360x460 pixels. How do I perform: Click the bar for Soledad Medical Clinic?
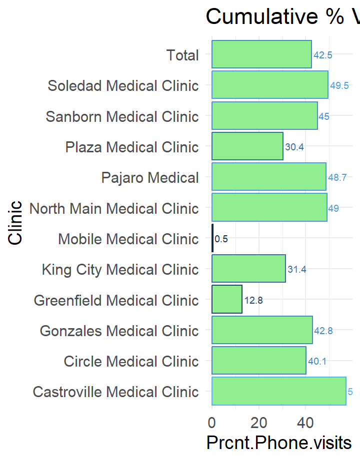click(x=270, y=85)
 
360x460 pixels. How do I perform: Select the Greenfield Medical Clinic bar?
click(x=227, y=300)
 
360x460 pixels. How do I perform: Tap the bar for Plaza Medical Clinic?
click(x=247, y=146)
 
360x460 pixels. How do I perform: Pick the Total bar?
click(x=261, y=54)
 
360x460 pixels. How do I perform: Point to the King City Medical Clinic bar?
click(x=248, y=269)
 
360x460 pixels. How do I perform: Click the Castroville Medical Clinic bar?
click(x=279, y=391)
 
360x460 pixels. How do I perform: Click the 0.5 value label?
click(x=221, y=239)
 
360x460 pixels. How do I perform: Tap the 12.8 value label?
click(x=253, y=300)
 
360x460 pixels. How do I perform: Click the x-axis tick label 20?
click(x=258, y=423)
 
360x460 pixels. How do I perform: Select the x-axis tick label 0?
click(x=212, y=423)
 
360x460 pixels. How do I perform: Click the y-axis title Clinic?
click(x=15, y=223)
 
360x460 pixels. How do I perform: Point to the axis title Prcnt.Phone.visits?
click(x=278, y=443)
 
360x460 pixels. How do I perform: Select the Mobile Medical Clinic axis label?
click(x=128, y=239)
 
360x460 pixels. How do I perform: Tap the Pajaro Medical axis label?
click(x=150, y=177)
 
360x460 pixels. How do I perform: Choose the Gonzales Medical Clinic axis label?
click(x=119, y=331)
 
